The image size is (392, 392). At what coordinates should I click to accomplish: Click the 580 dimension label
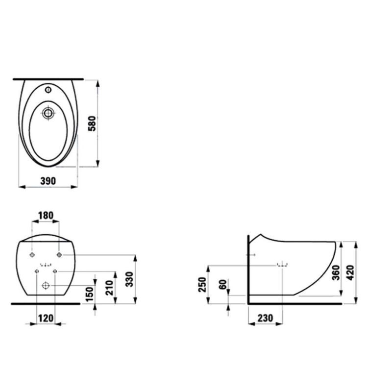92,123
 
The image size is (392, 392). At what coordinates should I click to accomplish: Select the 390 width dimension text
48,181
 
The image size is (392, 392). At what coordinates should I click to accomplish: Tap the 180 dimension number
46,215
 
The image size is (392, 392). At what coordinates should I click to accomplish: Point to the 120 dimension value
46,318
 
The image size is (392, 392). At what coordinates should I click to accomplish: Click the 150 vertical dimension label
89,294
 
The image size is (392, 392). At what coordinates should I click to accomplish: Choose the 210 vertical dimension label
109,288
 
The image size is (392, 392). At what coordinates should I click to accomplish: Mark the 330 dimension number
129,279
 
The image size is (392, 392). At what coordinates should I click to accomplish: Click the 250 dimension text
202,285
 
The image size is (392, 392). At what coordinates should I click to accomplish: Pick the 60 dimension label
223,285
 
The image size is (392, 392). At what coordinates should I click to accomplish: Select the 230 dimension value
265,318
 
